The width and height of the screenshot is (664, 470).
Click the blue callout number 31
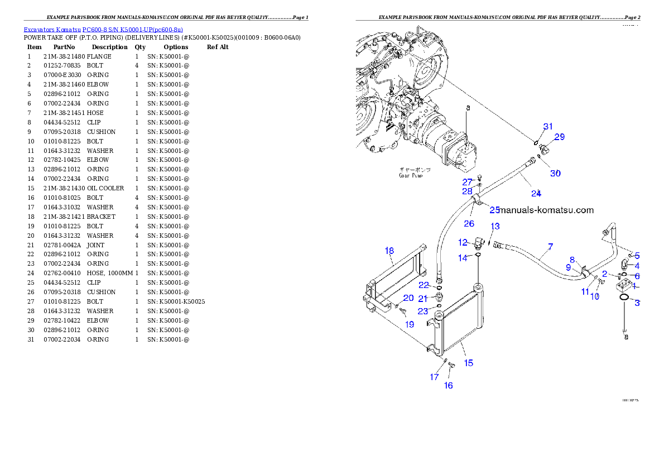548,127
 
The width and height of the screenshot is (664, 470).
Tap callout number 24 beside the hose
536,193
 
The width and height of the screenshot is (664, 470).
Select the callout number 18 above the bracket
389,251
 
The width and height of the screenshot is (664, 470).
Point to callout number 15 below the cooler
469,363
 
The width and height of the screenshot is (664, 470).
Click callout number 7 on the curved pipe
551,246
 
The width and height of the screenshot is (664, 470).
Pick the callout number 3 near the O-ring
637,303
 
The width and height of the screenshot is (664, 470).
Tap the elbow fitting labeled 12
478,243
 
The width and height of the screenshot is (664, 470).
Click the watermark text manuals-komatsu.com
547,210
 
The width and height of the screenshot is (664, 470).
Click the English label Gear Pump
410,175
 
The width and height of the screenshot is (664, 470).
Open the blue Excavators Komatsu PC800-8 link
103,29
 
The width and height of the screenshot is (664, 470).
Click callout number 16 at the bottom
448,385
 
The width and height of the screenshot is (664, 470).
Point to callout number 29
559,136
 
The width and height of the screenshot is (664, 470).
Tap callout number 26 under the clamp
469,223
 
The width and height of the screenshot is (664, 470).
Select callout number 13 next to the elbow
495,226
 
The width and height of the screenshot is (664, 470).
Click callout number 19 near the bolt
410,324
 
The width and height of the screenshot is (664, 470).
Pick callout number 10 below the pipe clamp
595,296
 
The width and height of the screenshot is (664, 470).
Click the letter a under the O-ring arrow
626,337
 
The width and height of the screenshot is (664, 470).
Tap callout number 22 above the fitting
424,285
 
